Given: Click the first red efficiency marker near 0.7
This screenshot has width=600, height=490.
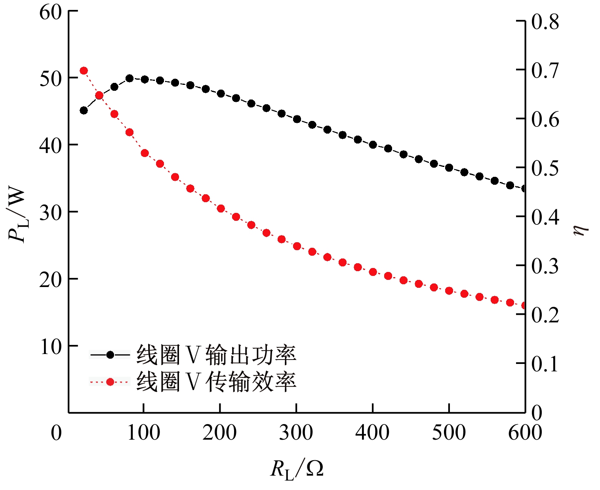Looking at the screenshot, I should point(84,71).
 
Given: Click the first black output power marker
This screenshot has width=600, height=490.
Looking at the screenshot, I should point(84,110).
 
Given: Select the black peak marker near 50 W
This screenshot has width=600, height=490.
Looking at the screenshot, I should point(130,78).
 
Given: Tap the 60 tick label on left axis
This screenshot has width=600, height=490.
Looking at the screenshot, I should point(51,12).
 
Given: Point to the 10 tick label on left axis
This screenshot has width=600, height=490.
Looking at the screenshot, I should point(51,347).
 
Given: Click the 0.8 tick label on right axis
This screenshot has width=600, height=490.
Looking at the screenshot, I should point(545,22).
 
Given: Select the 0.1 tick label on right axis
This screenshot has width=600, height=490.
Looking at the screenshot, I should point(545,364).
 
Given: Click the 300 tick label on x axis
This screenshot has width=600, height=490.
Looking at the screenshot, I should point(296,433).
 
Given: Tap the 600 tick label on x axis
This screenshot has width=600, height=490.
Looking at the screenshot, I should point(525,433).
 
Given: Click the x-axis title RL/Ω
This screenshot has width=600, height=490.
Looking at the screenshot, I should point(297,469).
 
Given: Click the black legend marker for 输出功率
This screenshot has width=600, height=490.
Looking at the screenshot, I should point(110,355).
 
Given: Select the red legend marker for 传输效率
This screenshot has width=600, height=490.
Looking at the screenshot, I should point(110,382).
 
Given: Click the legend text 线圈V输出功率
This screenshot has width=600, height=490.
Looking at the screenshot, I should point(216,355).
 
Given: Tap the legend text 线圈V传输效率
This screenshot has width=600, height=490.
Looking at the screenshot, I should point(216,382).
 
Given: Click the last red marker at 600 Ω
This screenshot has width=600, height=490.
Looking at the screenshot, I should point(524,306).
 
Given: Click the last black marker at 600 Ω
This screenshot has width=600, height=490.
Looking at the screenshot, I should point(524,189).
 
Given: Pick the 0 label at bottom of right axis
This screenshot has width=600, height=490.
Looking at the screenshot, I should point(537,413).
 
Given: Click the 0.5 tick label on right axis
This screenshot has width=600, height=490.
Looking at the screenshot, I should point(545,168).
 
